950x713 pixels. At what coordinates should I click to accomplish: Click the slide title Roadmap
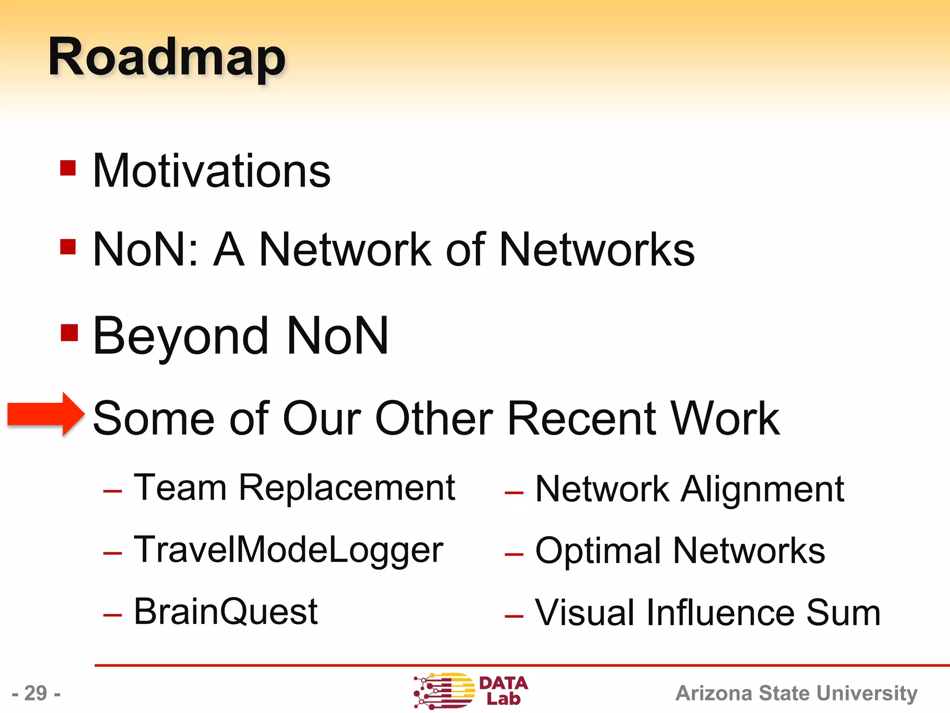(167, 58)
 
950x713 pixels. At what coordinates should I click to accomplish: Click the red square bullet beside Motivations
(68, 168)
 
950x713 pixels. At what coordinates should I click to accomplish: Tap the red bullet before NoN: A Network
(68, 247)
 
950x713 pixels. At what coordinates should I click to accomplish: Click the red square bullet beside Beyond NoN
(69, 332)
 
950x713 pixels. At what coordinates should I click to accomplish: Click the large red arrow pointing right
(46, 414)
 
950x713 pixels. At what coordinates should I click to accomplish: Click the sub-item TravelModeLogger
(288, 550)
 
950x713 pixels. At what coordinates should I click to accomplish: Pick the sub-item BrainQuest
(225, 611)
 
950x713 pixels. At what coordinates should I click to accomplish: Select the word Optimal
(598, 551)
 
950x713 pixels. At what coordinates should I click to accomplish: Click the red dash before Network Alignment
(514, 493)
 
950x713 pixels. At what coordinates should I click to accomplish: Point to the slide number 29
(36, 693)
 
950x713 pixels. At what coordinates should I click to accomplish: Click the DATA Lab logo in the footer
(470, 691)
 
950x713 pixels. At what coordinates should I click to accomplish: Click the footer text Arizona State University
(796, 693)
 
